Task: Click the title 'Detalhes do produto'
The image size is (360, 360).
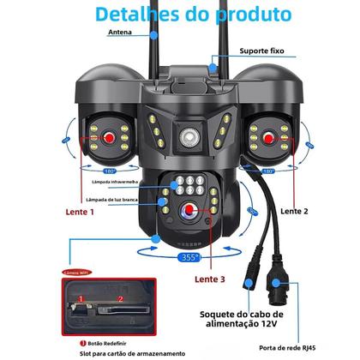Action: tap(179, 15)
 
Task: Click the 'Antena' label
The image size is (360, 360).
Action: tap(120, 33)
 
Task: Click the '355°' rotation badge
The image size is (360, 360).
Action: tap(189, 255)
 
